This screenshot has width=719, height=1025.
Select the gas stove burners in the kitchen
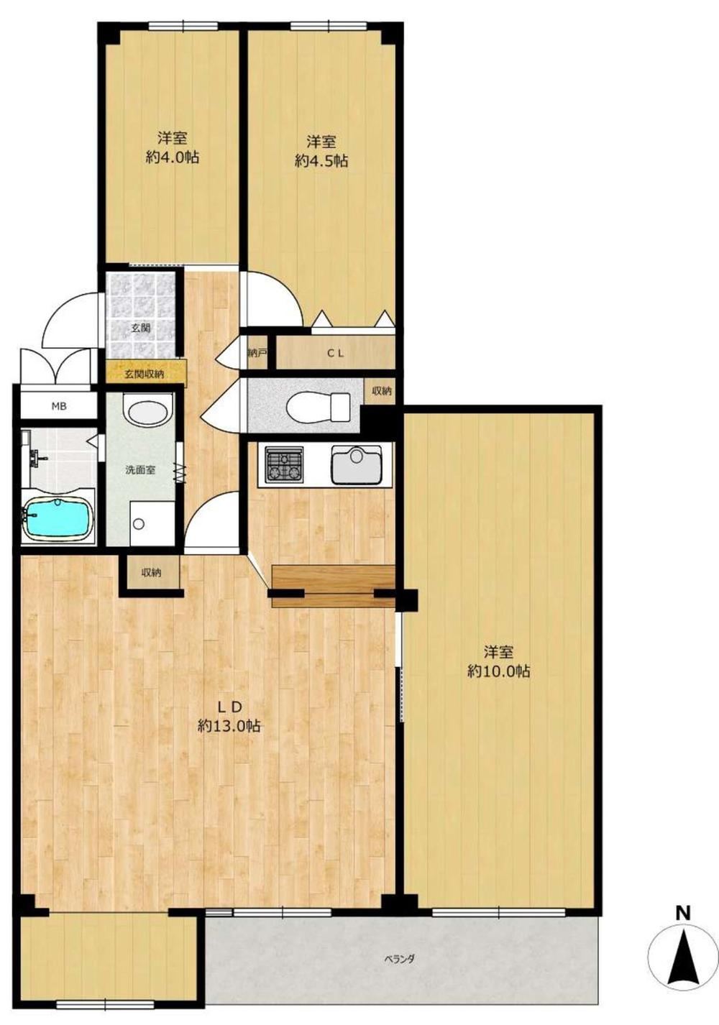click(285, 464)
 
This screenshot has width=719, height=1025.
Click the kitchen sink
click(357, 465)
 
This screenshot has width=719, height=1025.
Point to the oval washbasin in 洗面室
click(150, 410)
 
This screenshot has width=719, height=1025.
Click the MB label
click(58, 406)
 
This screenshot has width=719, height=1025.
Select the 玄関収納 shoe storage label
click(145, 374)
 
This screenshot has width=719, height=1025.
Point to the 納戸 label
click(256, 353)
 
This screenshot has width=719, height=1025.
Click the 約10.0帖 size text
click(499, 671)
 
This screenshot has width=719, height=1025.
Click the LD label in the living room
click(229, 707)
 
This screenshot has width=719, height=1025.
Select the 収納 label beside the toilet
click(381, 391)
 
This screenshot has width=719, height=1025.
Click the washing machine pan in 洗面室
click(152, 523)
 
